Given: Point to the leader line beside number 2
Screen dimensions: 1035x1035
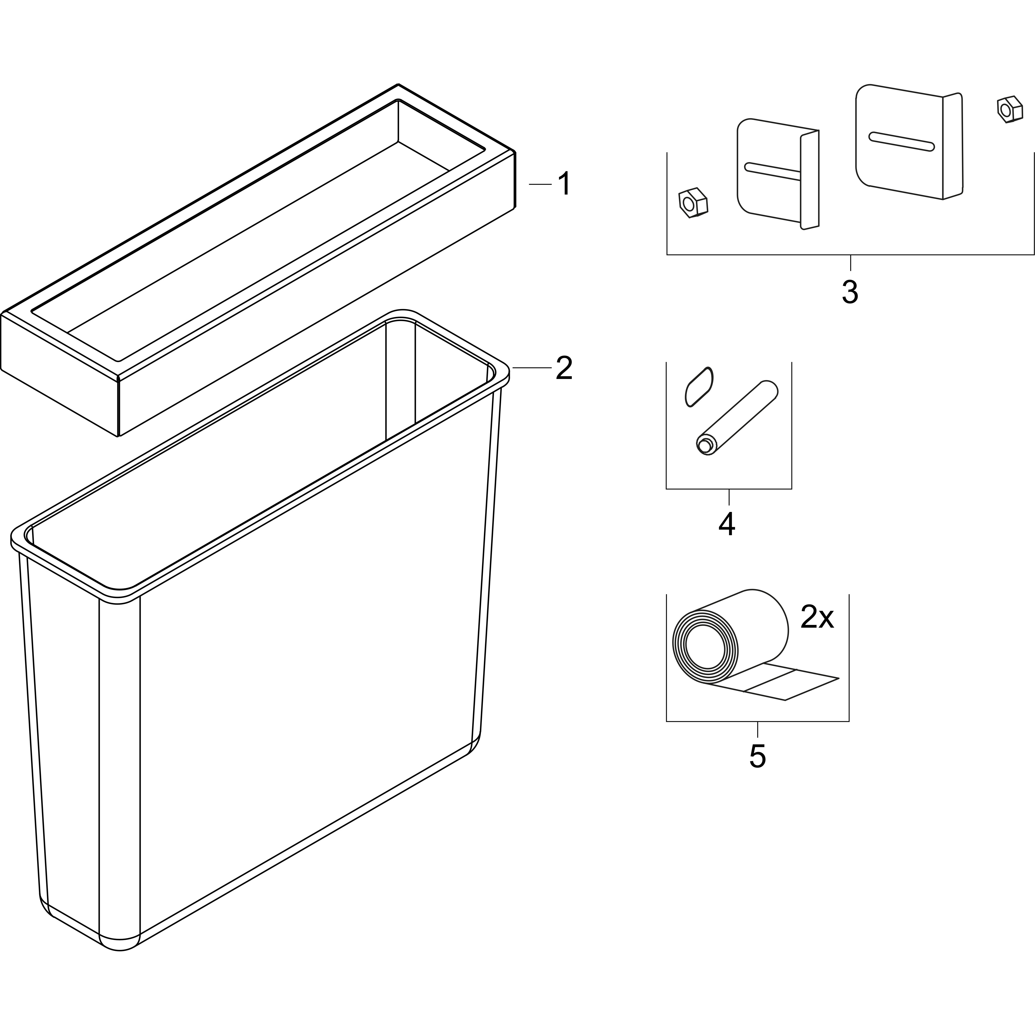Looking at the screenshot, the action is point(532,367).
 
